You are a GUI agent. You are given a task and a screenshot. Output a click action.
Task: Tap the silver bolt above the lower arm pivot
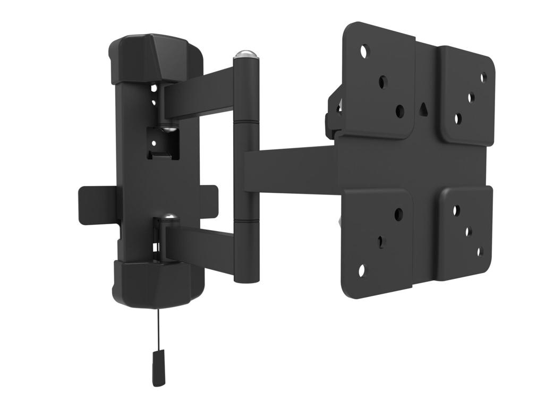[x=169, y=217]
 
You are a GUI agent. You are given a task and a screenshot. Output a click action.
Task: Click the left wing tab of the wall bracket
[x=93, y=205]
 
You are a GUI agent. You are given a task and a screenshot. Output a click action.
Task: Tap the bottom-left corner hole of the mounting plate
[x=362, y=270]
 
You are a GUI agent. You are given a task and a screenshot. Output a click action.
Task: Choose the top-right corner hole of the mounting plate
[x=483, y=78]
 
